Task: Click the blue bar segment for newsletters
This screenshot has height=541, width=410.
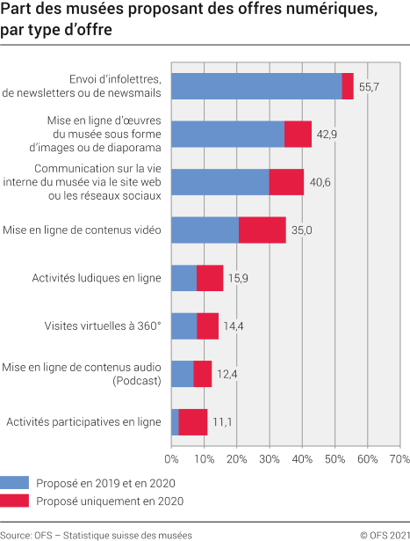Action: [x=256, y=86]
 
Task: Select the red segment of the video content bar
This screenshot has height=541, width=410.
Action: [x=262, y=230]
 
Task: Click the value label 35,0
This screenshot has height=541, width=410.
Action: [x=302, y=230]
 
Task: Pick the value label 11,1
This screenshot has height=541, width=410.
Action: [x=223, y=422]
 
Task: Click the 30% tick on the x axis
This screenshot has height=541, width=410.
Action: [x=269, y=458]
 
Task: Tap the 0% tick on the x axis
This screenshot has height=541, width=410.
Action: [x=171, y=458]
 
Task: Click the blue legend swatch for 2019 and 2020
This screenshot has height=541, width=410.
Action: [x=15, y=483]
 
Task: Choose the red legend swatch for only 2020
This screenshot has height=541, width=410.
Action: [x=15, y=501]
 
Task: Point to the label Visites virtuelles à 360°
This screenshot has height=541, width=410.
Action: [x=103, y=326]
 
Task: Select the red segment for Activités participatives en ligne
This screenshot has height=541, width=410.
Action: [x=193, y=422]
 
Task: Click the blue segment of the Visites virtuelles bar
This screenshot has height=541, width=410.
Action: [x=183, y=326]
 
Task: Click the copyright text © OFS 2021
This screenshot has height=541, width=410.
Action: [x=380, y=533]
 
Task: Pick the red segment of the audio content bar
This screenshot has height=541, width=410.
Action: [x=203, y=374]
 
